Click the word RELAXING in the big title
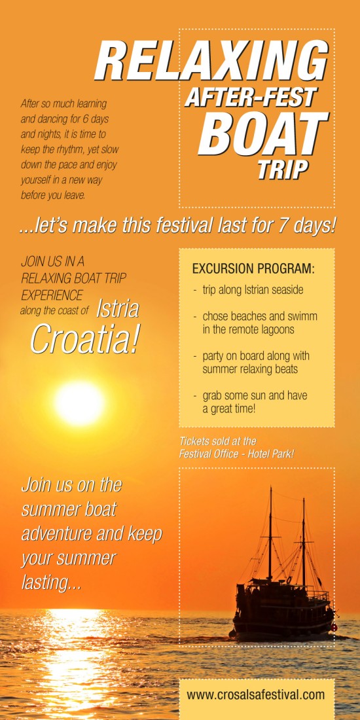point(211,62)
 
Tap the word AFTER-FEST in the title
point(251,97)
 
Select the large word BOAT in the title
point(263,133)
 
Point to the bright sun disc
point(79,403)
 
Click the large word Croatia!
point(84,340)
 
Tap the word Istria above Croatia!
point(118,310)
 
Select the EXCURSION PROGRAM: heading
point(253,269)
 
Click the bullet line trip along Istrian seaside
point(249,291)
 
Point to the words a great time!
point(228,408)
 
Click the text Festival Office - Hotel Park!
point(236,454)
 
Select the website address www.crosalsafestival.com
point(256,694)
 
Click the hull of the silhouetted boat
point(282,618)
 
